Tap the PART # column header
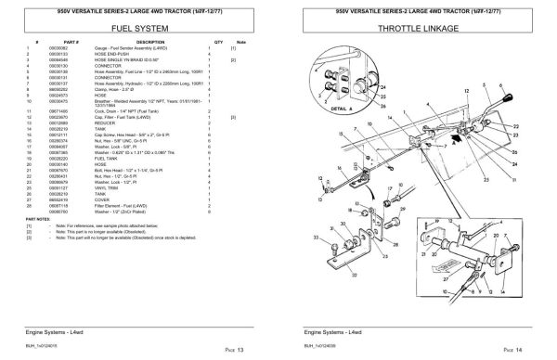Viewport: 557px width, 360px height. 67,43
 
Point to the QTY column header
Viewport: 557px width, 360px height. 219,43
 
